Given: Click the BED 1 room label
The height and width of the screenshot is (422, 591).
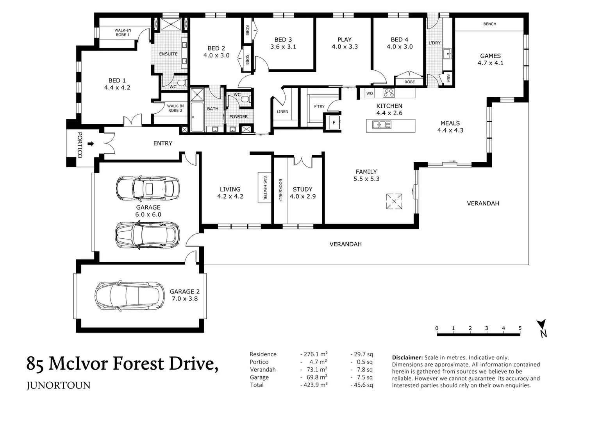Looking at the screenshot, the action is pyautogui.click(x=117, y=84).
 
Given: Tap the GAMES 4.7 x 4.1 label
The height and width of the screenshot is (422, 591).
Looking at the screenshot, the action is pyautogui.click(x=491, y=59).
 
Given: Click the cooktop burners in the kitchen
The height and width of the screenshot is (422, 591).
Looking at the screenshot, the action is pyautogui.click(x=389, y=93).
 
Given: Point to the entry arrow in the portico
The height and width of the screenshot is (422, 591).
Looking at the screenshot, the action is pyautogui.click(x=91, y=144).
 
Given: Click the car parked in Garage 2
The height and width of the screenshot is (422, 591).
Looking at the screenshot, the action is pyautogui.click(x=130, y=295).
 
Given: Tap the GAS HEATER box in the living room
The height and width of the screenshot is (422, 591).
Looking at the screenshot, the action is pyautogui.click(x=264, y=188).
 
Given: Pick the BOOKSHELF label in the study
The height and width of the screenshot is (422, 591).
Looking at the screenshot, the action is pyautogui.click(x=280, y=190).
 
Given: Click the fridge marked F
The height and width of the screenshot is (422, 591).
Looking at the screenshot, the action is pyautogui.click(x=334, y=122).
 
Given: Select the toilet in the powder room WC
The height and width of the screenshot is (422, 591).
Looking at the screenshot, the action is pyautogui.click(x=246, y=99).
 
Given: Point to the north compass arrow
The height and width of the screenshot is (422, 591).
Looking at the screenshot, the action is pyautogui.click(x=541, y=324).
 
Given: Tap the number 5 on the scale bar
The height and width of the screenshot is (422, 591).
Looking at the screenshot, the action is pyautogui.click(x=520, y=328).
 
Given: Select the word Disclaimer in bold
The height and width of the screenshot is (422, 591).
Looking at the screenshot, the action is pyautogui.click(x=407, y=358).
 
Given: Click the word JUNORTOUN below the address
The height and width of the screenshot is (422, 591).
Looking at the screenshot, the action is pyautogui.click(x=59, y=386).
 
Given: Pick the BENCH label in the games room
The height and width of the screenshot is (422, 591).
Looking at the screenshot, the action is pyautogui.click(x=490, y=24).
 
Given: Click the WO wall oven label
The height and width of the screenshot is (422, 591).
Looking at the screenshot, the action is pyautogui.click(x=370, y=93).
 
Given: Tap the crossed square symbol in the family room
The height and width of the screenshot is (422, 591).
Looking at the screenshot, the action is pyautogui.click(x=394, y=201).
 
